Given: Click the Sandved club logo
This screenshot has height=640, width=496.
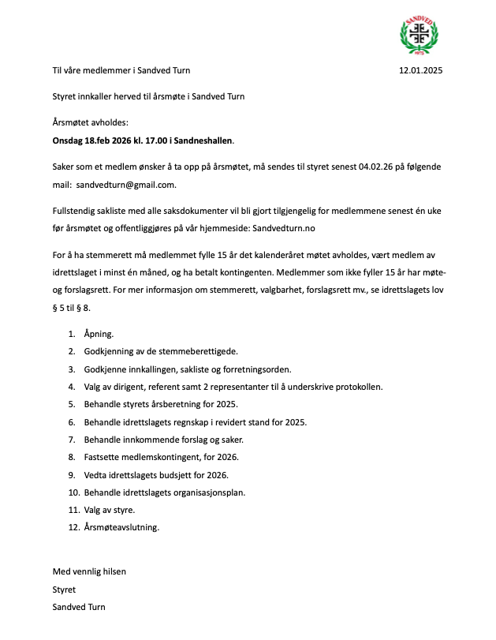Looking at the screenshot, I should coord(420,36).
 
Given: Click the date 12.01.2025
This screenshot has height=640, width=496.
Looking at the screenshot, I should coord(421,71).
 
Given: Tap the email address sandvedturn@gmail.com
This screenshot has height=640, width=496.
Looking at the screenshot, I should coord(126,185).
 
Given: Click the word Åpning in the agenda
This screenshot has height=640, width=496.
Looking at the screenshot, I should coord(99,334).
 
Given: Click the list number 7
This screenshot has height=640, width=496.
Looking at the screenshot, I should coord(71,439).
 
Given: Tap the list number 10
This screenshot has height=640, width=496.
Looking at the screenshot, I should coord(73,492).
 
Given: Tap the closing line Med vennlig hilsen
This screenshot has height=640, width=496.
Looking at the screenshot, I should coord(89,571).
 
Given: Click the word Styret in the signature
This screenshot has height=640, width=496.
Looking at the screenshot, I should coord(64,589).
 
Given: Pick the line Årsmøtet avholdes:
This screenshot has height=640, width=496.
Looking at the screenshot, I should coord(89,123).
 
